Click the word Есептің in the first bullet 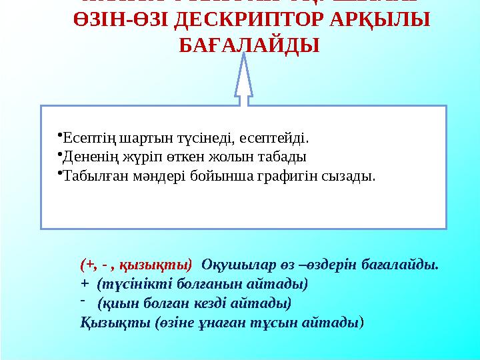[81, 139]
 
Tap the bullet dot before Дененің [59, 155]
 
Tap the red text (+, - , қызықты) [136, 265]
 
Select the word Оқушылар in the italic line [230, 265]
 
